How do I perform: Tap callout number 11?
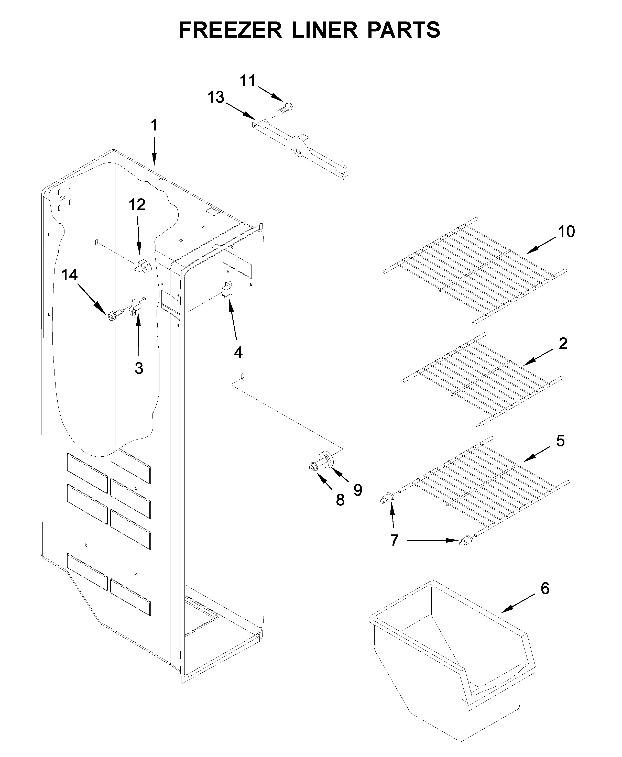248,81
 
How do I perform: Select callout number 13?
216,97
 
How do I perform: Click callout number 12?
137,205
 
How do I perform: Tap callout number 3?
139,368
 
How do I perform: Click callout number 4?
238,353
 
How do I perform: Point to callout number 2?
563,344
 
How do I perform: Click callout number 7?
394,540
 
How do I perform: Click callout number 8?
340,500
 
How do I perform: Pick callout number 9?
358,490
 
